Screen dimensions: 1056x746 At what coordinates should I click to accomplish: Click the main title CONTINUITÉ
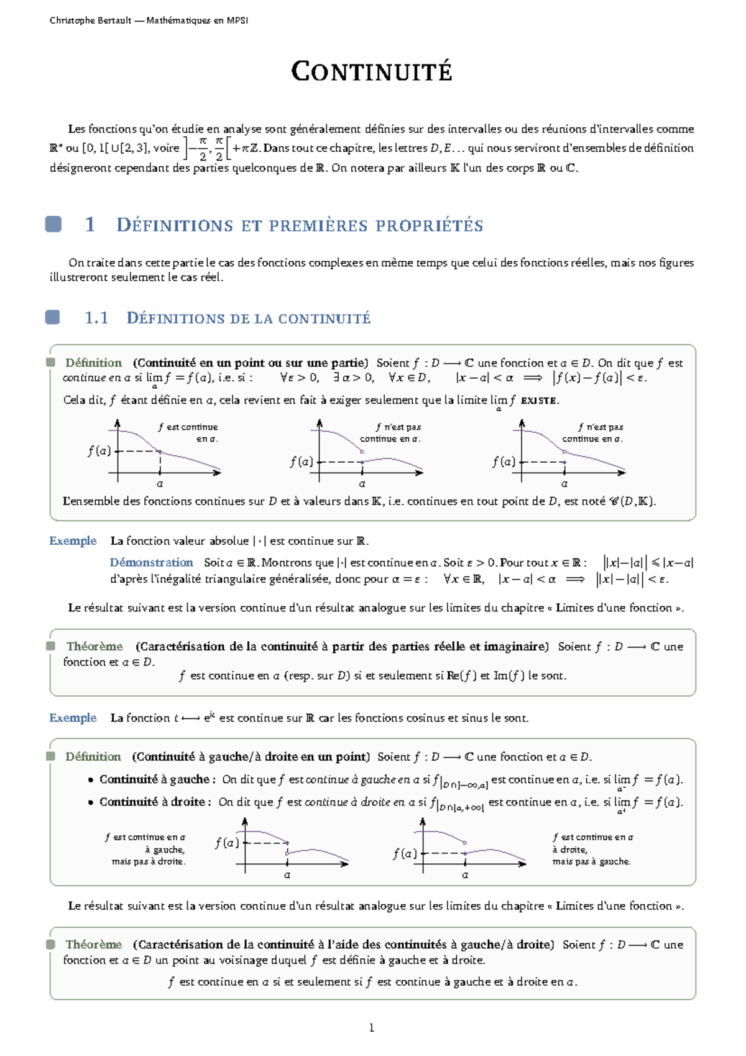[372, 72]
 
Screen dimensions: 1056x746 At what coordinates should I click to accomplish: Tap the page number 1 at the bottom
[372, 1028]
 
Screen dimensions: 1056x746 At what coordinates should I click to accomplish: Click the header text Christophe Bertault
[90, 21]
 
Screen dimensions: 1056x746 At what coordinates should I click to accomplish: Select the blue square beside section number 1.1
[53, 318]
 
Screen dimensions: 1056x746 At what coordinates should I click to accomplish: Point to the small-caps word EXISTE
[539, 401]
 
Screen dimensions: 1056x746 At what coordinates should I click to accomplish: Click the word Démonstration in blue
[151, 562]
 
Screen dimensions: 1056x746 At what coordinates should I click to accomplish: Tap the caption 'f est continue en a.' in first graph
[188, 433]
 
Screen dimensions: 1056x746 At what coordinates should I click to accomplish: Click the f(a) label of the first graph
[99, 451]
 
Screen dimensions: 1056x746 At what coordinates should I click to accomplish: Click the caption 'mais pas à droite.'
[149, 861]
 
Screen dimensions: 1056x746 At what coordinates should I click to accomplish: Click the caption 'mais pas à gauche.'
[591, 861]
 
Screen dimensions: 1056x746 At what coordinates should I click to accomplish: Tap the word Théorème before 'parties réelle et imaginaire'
[94, 646]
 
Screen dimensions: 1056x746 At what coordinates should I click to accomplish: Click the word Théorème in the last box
[94, 944]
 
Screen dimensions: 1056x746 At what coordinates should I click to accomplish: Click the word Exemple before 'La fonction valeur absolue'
[73, 540]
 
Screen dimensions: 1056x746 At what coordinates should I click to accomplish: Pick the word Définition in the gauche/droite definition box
[93, 756]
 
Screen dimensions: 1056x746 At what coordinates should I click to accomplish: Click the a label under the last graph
[465, 875]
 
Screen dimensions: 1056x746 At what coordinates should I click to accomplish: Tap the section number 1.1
[96, 318]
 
